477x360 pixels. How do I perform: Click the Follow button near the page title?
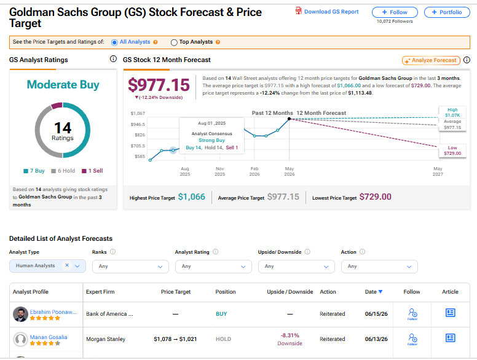[x=395, y=12]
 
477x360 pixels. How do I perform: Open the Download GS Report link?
[x=327, y=12]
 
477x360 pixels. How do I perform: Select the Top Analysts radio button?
[x=174, y=42]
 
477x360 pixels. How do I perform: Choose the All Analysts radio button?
[x=114, y=42]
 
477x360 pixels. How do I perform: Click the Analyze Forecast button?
[x=431, y=60]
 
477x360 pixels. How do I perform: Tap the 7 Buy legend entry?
[x=34, y=171]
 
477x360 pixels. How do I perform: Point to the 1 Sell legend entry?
[x=92, y=171]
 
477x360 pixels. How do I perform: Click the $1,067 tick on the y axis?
[x=138, y=114]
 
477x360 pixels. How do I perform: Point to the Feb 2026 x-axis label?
[x=254, y=171]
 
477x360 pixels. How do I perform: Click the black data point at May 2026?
[x=290, y=119]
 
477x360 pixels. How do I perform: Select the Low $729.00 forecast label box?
[x=452, y=151]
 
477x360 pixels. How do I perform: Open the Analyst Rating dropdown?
[x=213, y=267]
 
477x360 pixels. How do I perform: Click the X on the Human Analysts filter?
[x=67, y=265]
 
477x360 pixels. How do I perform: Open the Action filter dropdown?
[x=379, y=267]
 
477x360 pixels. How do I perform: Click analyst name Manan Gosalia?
[x=49, y=337]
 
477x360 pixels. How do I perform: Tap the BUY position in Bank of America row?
[x=221, y=314]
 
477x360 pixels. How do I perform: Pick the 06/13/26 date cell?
[x=376, y=339]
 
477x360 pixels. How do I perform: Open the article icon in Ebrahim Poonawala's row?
[x=450, y=313]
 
